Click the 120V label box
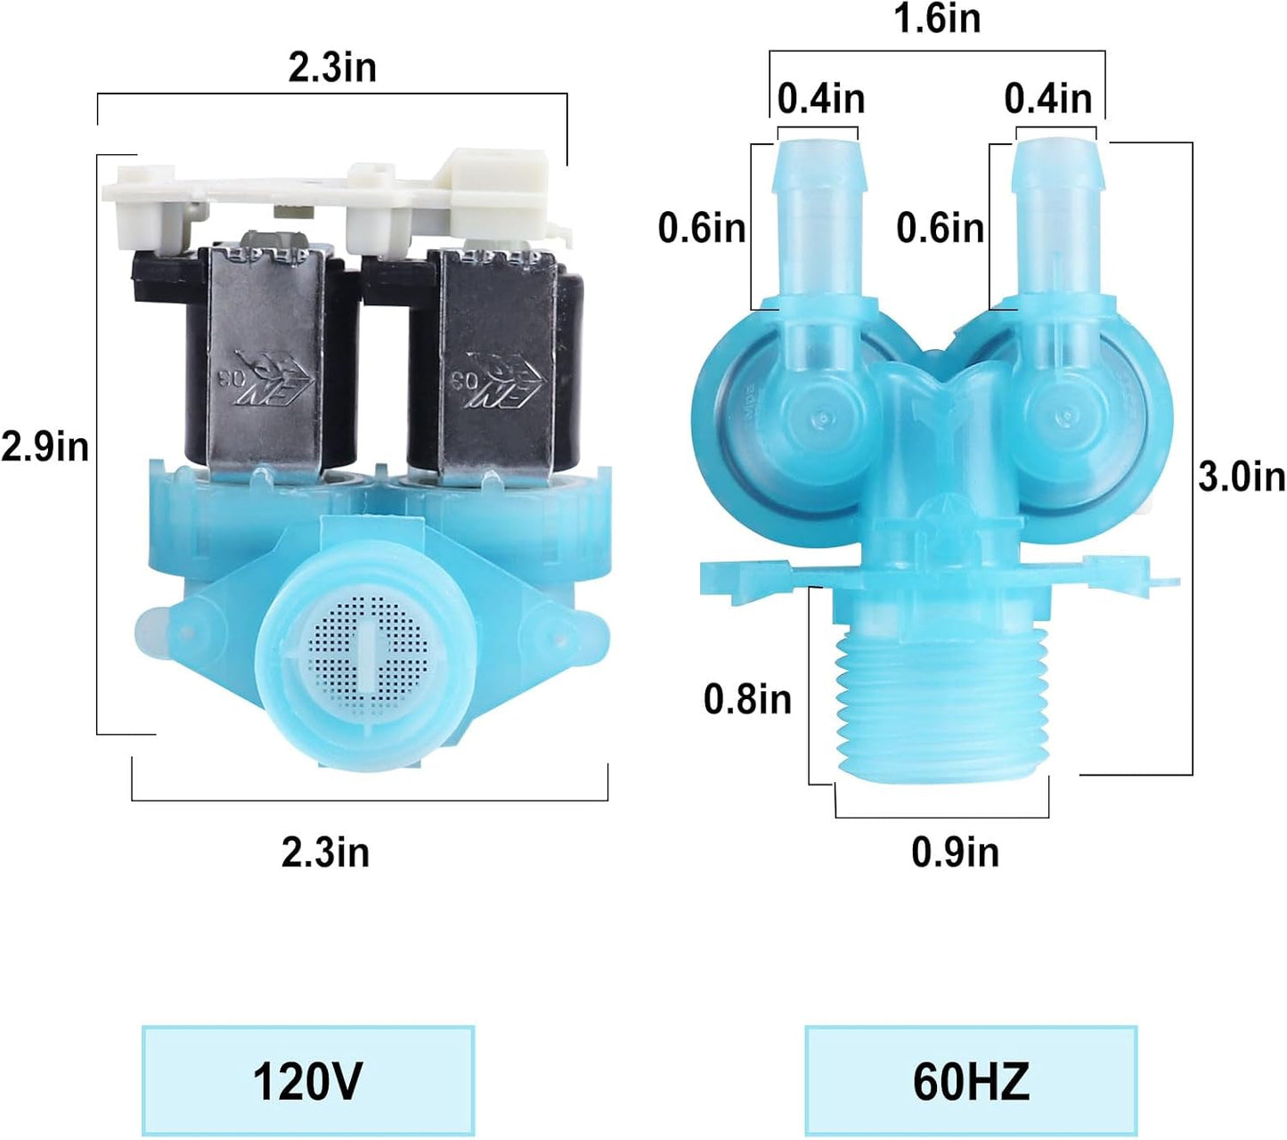(x=308, y=1080)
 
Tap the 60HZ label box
(x=971, y=1080)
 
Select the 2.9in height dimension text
(x=45, y=447)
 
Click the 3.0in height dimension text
(x=1242, y=476)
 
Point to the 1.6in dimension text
(x=937, y=19)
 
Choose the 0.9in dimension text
(x=955, y=852)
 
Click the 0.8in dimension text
(x=747, y=700)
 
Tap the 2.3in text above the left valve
(x=332, y=68)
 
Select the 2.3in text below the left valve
(x=325, y=852)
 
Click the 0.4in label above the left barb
(x=821, y=99)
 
